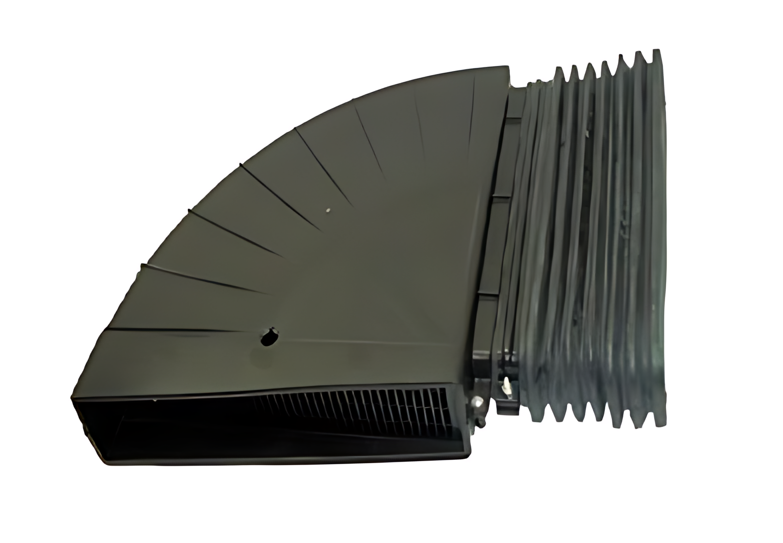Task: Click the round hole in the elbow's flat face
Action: click(x=270, y=337)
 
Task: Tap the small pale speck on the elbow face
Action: click(x=327, y=211)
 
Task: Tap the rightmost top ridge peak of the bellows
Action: click(x=655, y=52)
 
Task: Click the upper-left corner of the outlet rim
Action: click(x=73, y=397)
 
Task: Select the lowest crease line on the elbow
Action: click(x=175, y=330)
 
